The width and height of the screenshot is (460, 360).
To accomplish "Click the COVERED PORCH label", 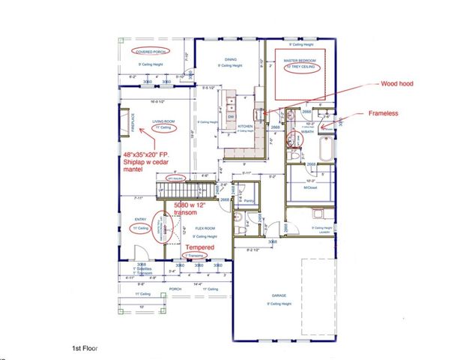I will (x=150, y=52).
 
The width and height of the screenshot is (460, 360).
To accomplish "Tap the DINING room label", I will (x=231, y=59).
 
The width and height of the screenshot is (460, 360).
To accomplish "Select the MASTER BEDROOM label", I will (x=300, y=59).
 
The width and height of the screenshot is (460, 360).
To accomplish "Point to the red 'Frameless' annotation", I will (x=386, y=114).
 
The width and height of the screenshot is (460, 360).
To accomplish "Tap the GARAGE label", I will (x=279, y=295).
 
